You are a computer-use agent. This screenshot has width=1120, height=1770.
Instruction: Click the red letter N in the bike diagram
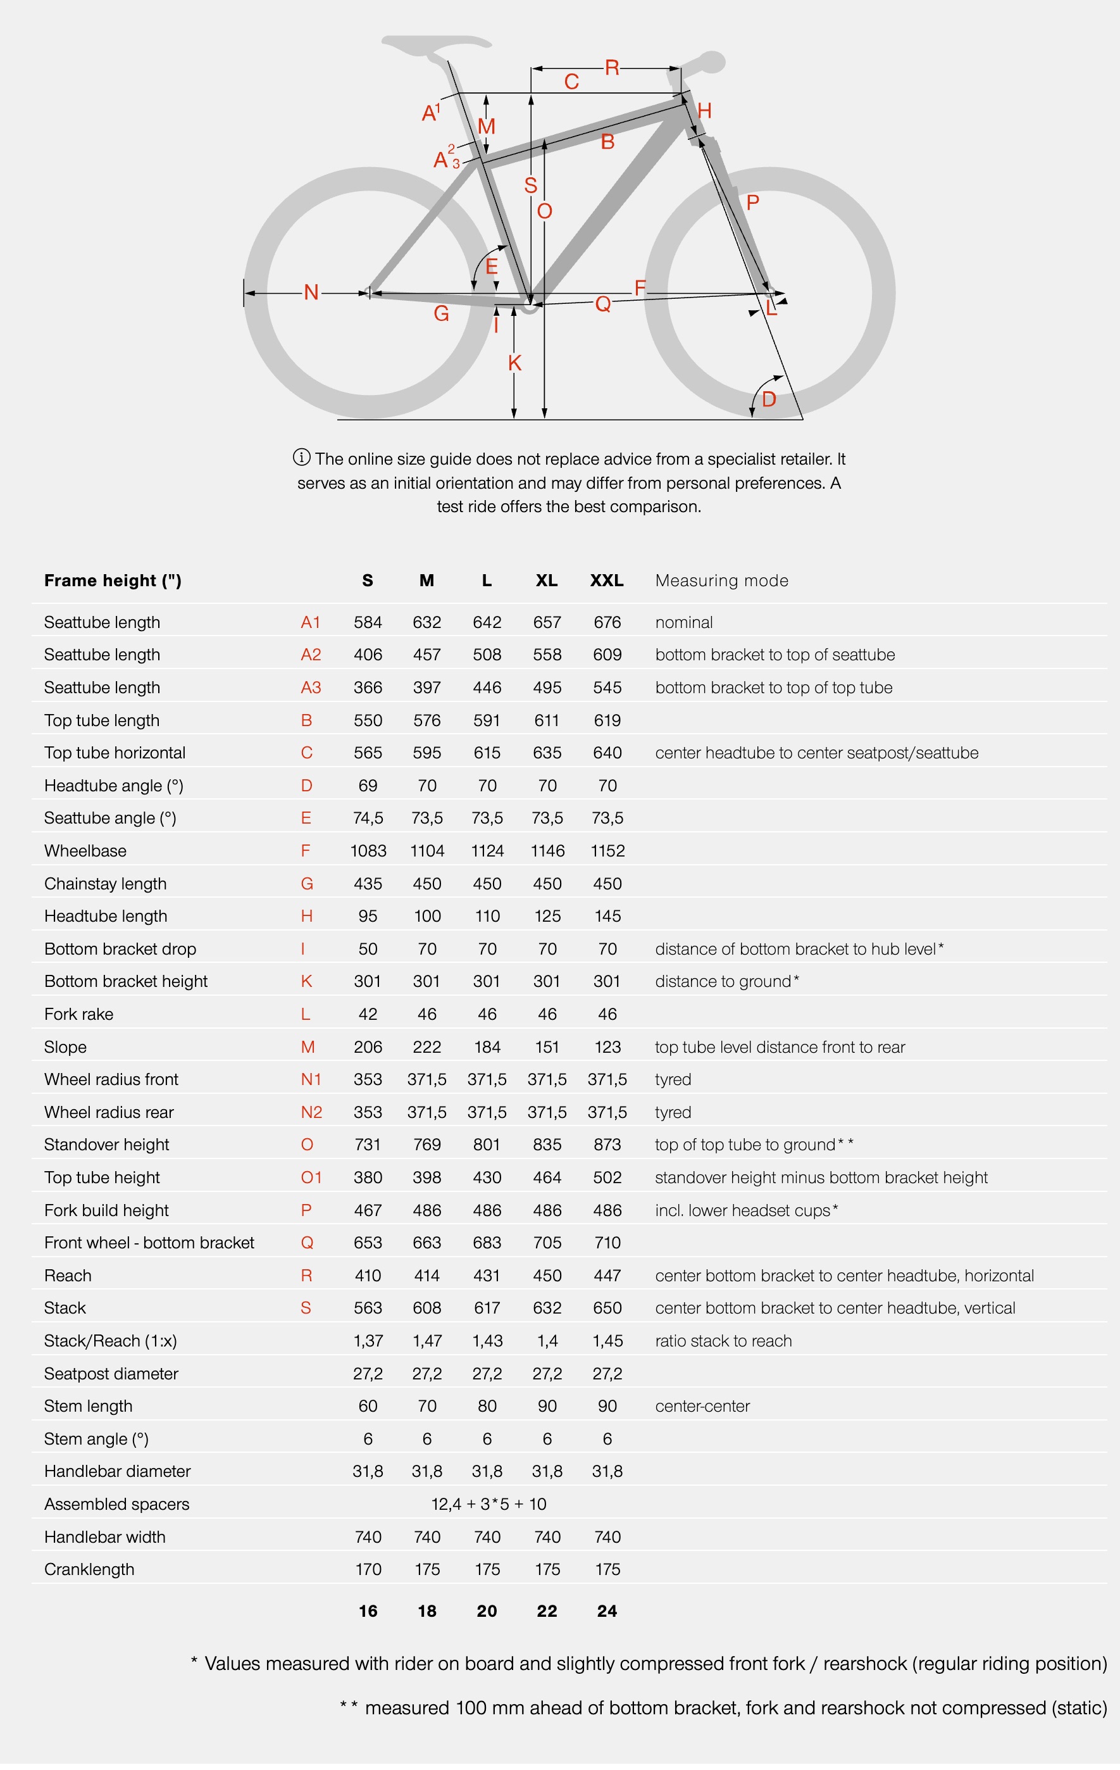(311, 292)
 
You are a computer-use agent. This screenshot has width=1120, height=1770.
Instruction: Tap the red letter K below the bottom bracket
(514, 363)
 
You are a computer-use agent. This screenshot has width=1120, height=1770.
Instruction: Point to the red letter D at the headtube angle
(769, 399)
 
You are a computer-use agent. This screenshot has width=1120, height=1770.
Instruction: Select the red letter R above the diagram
(611, 68)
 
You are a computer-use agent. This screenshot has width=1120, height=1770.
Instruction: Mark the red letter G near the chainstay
(441, 314)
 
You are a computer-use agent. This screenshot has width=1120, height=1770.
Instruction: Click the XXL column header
(606, 581)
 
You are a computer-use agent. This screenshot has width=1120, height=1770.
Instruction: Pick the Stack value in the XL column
(547, 1308)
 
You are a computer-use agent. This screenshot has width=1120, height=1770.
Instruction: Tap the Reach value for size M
(426, 1276)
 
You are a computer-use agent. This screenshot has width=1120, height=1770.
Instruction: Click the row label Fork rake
(78, 1014)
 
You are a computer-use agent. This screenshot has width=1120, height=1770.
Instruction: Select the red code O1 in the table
(311, 1177)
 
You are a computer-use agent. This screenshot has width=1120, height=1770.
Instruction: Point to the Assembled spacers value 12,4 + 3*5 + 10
(488, 1504)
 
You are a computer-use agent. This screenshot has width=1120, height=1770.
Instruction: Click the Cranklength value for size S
(368, 1569)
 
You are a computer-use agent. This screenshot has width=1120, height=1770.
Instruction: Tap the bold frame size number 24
(606, 1611)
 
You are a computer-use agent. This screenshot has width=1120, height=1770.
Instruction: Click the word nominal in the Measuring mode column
(683, 622)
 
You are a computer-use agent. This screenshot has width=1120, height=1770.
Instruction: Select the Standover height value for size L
(487, 1145)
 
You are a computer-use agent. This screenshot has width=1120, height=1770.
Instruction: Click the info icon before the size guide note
(301, 457)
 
